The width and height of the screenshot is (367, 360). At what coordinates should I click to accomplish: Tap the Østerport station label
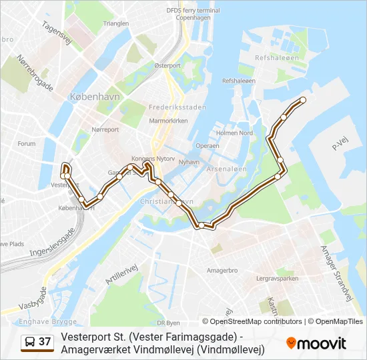167,66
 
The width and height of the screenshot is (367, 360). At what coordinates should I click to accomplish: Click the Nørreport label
105,129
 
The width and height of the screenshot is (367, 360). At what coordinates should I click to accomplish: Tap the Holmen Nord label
234,133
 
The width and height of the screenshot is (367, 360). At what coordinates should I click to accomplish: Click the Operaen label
208,145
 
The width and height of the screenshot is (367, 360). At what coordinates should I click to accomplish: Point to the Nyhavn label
190,161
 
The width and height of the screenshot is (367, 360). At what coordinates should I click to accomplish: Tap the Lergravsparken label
277,279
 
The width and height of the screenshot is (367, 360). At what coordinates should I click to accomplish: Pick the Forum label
27,143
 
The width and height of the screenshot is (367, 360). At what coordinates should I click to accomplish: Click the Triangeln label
116,23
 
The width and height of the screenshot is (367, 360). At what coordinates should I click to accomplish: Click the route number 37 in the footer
45,342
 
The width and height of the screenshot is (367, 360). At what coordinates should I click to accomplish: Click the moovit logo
316,343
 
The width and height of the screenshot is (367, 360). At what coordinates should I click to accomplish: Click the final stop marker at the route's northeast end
302,100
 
